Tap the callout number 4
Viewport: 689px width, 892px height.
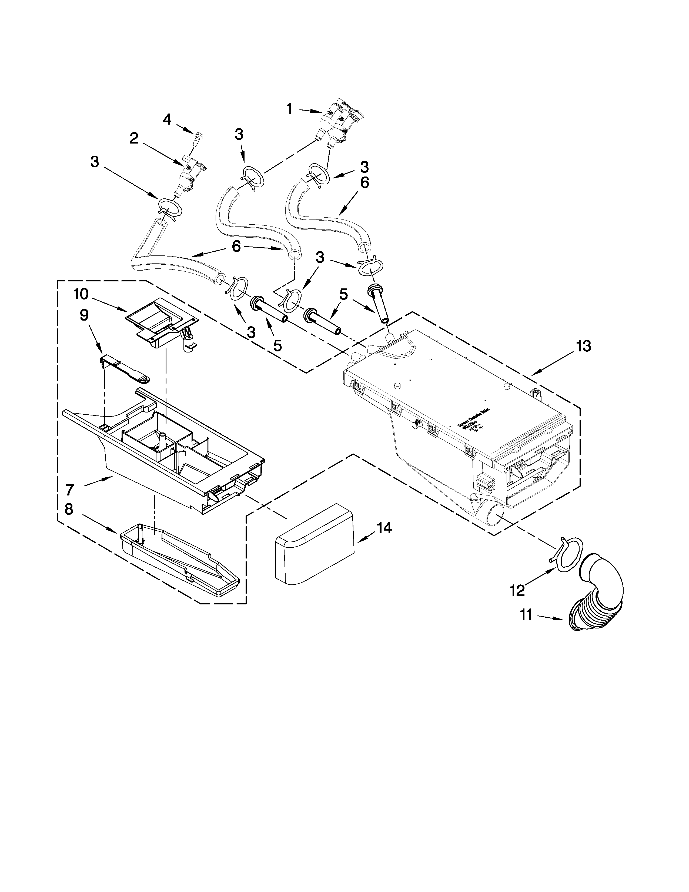(167, 119)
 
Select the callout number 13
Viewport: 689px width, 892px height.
(583, 346)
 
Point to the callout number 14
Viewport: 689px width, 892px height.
(384, 528)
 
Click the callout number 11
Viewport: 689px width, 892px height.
(526, 626)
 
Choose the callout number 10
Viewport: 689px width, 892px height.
(81, 293)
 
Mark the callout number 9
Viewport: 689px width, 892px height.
(84, 315)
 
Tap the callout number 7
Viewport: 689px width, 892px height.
(69, 489)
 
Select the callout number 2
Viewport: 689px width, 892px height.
(134, 139)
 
